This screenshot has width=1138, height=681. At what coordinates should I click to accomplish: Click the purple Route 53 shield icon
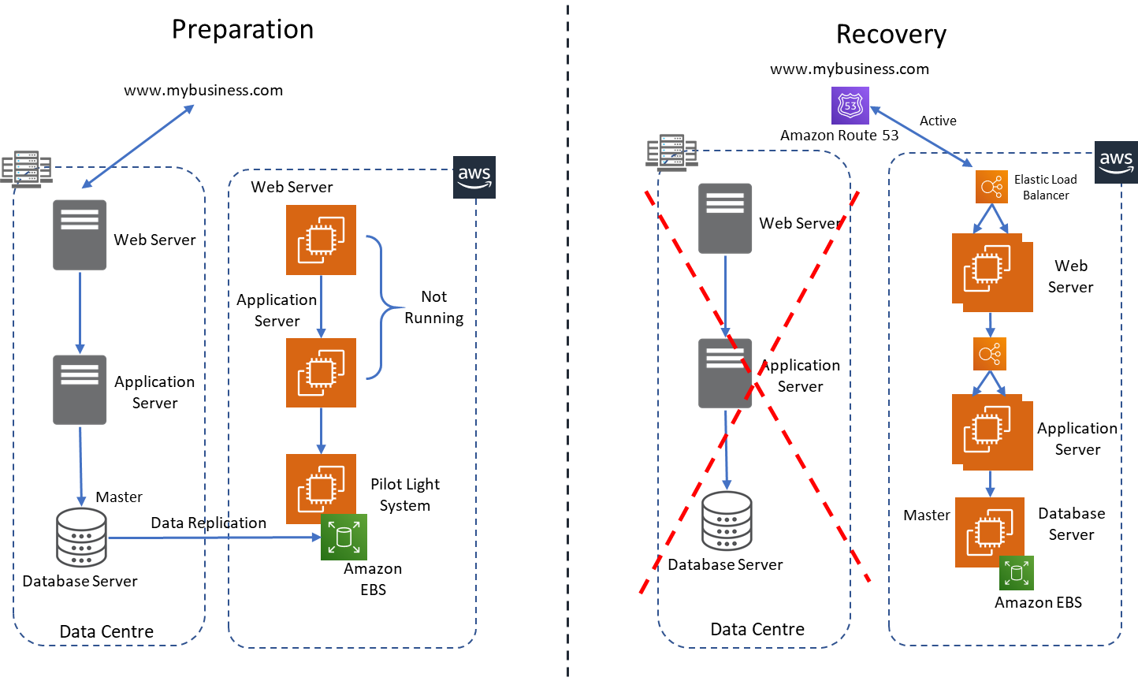(x=850, y=106)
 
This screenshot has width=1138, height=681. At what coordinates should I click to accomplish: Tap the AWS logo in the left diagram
(x=474, y=177)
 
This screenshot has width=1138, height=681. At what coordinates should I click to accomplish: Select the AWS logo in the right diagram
(x=1116, y=162)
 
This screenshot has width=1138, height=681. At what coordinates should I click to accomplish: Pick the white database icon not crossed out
(x=81, y=538)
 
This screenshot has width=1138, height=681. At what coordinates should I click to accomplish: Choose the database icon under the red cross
(x=727, y=521)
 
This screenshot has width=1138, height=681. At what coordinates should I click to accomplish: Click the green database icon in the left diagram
(x=344, y=538)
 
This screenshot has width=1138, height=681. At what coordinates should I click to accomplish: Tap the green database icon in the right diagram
(x=1017, y=573)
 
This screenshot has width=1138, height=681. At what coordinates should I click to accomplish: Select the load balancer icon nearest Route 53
(x=991, y=187)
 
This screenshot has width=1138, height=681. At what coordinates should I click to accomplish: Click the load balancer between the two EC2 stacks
(x=990, y=354)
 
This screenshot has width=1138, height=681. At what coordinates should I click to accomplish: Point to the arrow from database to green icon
(x=213, y=538)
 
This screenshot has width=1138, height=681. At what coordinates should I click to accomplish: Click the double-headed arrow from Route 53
(x=920, y=136)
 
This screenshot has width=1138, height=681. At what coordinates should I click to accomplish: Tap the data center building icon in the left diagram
(x=27, y=169)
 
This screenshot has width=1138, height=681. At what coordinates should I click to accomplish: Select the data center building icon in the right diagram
(x=671, y=152)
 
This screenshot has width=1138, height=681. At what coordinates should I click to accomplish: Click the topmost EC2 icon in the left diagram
(x=321, y=240)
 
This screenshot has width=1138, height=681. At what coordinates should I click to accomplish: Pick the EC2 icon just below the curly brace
(x=321, y=489)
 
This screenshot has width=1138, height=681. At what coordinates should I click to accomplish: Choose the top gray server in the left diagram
(x=80, y=235)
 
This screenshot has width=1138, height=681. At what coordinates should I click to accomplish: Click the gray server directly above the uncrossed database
(x=80, y=389)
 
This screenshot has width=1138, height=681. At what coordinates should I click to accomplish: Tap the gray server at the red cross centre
(x=725, y=374)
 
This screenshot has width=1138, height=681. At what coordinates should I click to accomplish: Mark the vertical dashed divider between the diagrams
(x=568, y=339)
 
